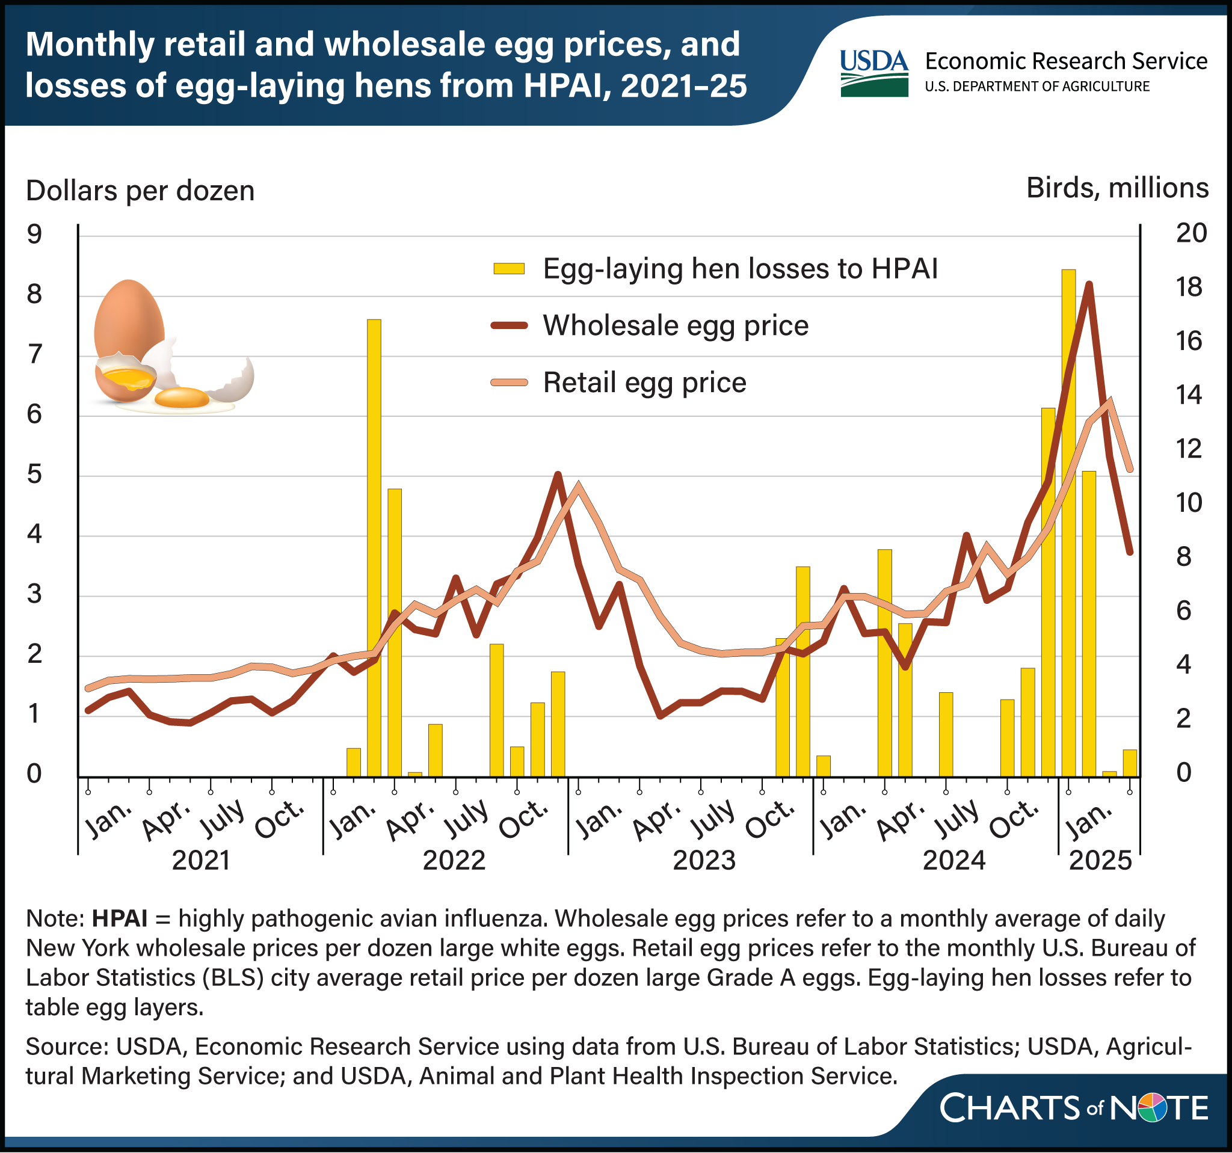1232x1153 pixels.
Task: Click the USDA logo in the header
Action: [874, 73]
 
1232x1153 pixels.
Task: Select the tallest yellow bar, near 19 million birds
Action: [1068, 520]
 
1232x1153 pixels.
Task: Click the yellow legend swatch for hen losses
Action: [509, 268]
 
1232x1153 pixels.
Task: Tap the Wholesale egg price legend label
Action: [676, 325]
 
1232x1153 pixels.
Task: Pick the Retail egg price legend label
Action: [644, 383]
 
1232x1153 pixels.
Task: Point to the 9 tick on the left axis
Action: [34, 234]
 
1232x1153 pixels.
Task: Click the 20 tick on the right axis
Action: [1191, 233]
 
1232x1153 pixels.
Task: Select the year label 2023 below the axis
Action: [704, 861]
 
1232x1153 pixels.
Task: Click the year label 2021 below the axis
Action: [201, 861]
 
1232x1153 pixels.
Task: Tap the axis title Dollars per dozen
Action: [140, 191]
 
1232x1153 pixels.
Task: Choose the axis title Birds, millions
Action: [1116, 188]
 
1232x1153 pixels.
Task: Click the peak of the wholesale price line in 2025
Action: [1088, 284]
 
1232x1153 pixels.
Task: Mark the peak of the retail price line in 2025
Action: [1110, 400]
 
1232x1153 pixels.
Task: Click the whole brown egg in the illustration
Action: [129, 319]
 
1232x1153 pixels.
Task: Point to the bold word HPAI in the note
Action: [120, 918]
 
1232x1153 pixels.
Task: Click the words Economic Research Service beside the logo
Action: [1066, 61]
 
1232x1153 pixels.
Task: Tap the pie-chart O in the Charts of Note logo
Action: [1153, 1108]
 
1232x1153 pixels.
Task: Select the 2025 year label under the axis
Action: [1101, 861]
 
